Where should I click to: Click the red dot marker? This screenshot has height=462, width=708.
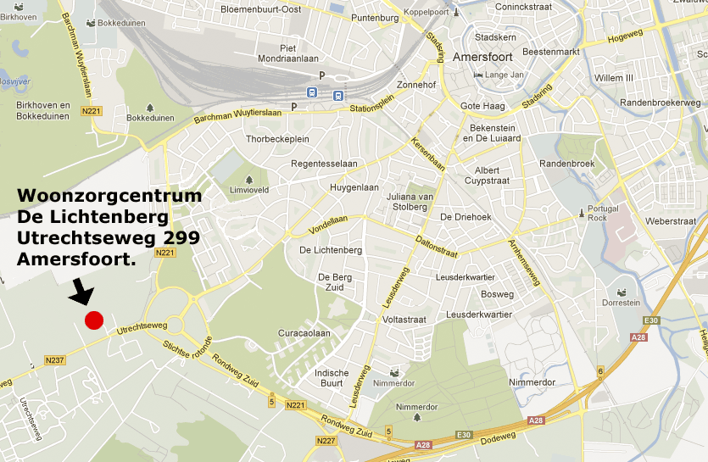(x=93, y=320)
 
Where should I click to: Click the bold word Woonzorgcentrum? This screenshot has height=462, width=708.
(x=109, y=197)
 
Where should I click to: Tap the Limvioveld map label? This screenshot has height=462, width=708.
(x=249, y=190)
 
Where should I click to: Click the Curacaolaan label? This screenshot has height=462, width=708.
(x=304, y=333)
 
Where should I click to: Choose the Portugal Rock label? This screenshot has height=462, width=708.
(x=603, y=213)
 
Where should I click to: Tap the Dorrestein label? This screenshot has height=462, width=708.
(x=621, y=303)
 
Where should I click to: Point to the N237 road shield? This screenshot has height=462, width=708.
(x=54, y=359)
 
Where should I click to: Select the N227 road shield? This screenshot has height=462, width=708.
(x=325, y=441)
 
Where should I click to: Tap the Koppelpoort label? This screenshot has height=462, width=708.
(x=426, y=12)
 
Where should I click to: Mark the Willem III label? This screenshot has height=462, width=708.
(x=614, y=78)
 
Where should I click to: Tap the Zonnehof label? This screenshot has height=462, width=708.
(x=416, y=86)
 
